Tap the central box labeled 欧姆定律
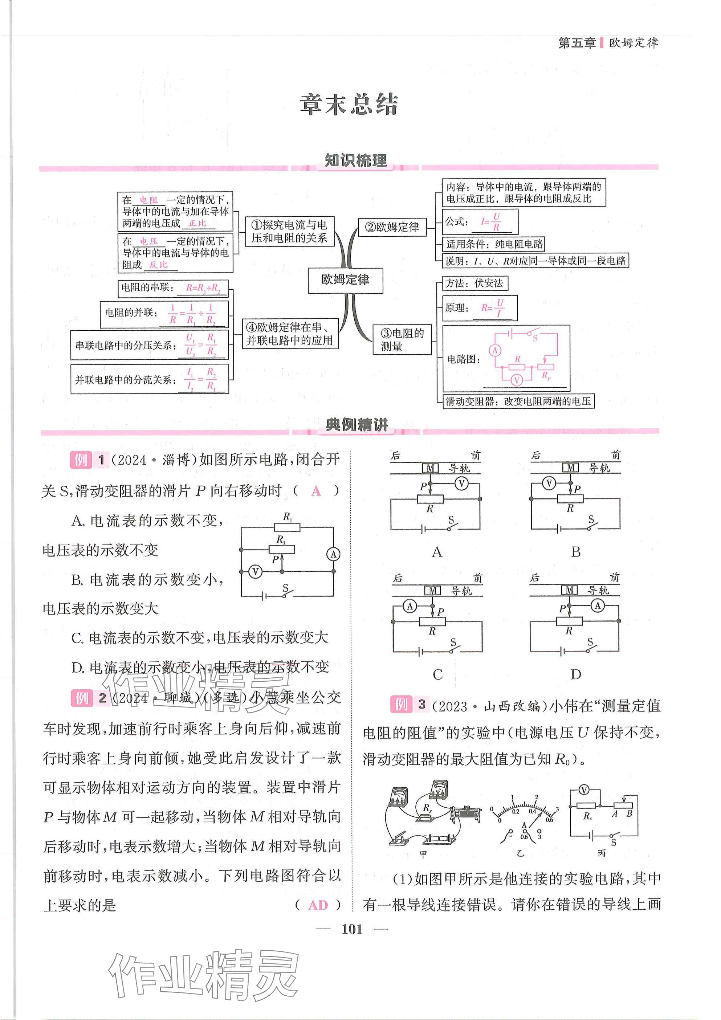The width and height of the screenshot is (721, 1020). click(345, 280)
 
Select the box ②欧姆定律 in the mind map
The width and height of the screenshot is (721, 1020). click(392, 227)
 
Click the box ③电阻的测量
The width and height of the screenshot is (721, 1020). click(402, 340)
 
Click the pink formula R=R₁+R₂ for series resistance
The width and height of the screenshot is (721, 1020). click(203, 288)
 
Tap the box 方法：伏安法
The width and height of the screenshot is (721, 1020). click(474, 283)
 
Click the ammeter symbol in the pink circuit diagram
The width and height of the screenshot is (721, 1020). click(495, 351)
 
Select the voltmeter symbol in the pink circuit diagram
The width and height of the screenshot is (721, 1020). click(516, 380)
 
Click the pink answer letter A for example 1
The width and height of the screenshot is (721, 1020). click(316, 491)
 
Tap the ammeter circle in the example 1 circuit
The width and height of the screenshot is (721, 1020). click(333, 554)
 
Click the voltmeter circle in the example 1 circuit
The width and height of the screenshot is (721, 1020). click(255, 572)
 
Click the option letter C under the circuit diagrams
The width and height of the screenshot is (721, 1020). click(437, 674)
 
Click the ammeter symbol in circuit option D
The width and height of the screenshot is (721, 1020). click(598, 605)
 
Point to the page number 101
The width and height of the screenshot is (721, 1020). click(352, 929)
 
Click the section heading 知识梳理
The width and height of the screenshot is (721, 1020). click(356, 160)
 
